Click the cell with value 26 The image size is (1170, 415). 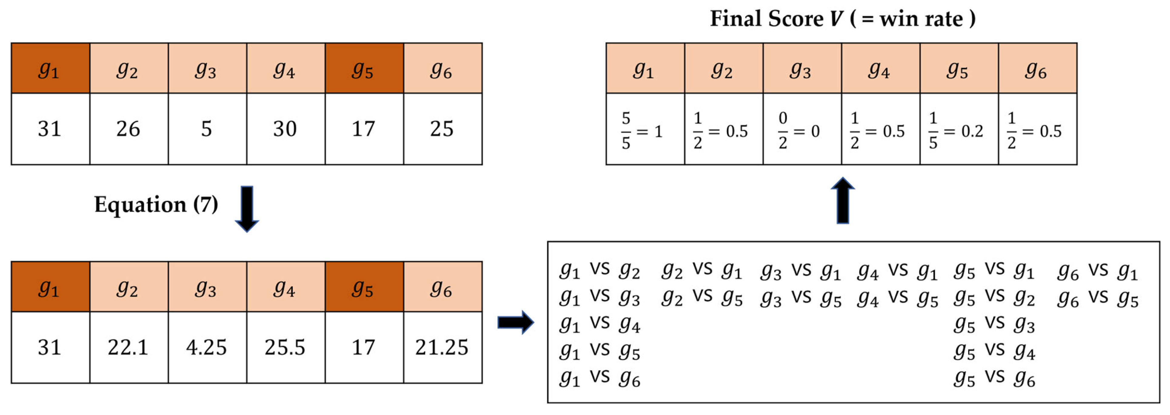(x=129, y=129)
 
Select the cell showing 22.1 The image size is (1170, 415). (x=129, y=347)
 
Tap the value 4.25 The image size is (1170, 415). (x=207, y=347)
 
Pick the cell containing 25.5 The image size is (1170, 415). (x=285, y=347)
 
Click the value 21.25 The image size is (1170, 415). (x=442, y=347)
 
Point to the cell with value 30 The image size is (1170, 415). (x=285, y=129)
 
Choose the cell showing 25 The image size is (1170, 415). (x=442, y=129)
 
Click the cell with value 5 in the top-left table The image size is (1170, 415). (x=207, y=129)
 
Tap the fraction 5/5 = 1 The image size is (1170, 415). (x=642, y=131)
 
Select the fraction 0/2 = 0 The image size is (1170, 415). (x=799, y=131)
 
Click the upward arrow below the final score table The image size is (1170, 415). (x=843, y=200)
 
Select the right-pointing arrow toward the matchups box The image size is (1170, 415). (x=516, y=322)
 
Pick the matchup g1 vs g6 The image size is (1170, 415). (x=600, y=378)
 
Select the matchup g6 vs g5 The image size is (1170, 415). (x=1098, y=298)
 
